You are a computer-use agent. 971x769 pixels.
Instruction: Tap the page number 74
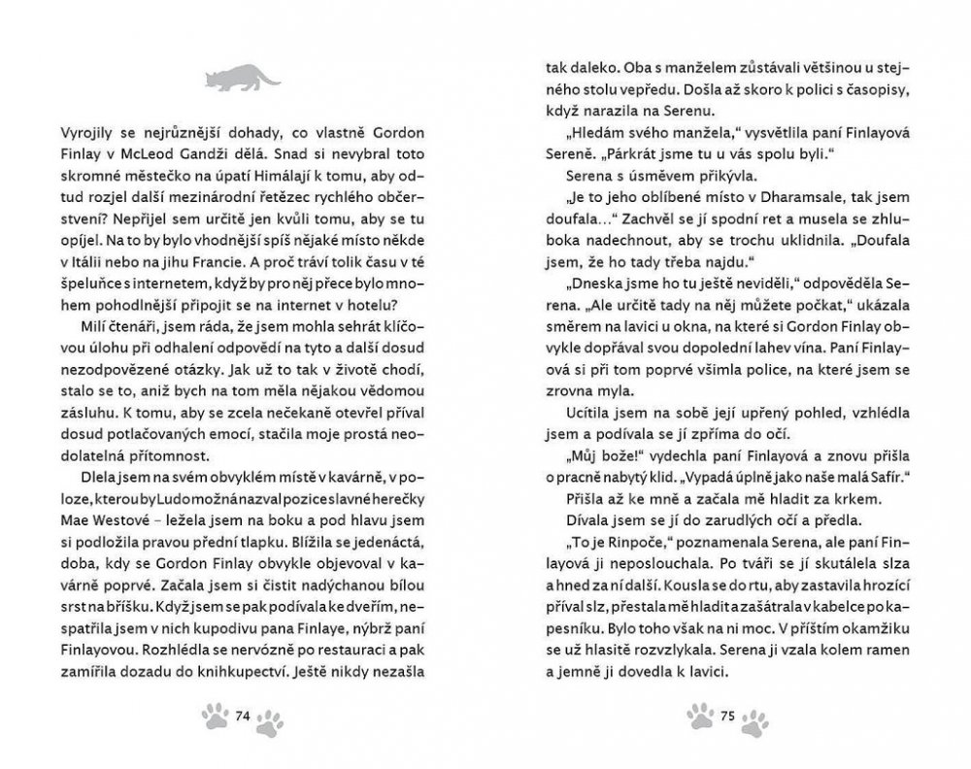pyautogui.click(x=244, y=717)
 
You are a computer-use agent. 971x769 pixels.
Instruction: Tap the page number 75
pyautogui.click(x=727, y=717)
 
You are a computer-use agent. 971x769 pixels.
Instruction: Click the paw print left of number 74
pyautogui.click(x=215, y=717)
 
